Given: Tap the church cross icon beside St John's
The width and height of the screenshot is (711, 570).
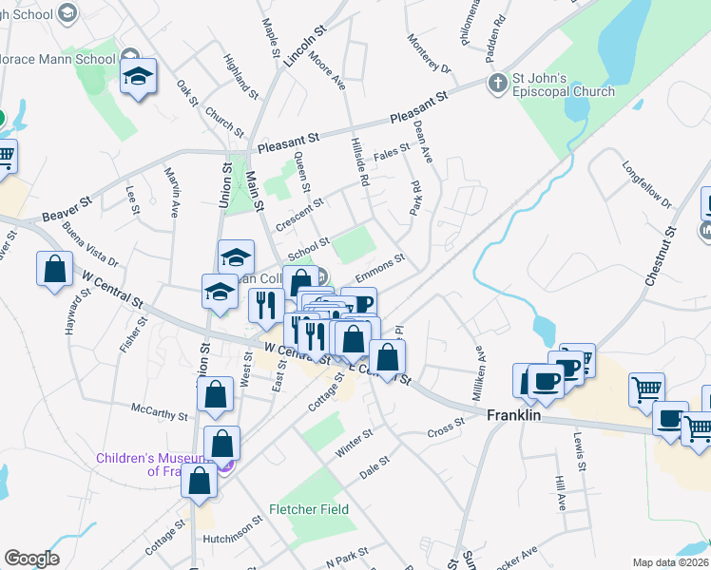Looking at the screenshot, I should click(496, 84).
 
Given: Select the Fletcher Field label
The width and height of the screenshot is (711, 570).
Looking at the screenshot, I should click(308, 509).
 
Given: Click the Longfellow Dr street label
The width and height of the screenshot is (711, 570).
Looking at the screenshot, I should click(646, 189).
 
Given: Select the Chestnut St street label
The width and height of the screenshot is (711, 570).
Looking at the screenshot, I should click(661, 256).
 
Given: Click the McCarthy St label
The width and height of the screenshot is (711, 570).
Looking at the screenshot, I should click(161, 413).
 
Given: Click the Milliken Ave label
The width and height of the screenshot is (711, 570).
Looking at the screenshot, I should click(481, 366).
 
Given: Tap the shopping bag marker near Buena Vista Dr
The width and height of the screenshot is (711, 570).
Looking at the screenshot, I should click(55, 269).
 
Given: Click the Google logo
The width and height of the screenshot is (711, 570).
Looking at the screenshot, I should click(31, 559).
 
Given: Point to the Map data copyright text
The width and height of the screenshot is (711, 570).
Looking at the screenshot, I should click(671, 562).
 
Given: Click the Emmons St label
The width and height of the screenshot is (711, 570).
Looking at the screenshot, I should click(380, 266).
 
